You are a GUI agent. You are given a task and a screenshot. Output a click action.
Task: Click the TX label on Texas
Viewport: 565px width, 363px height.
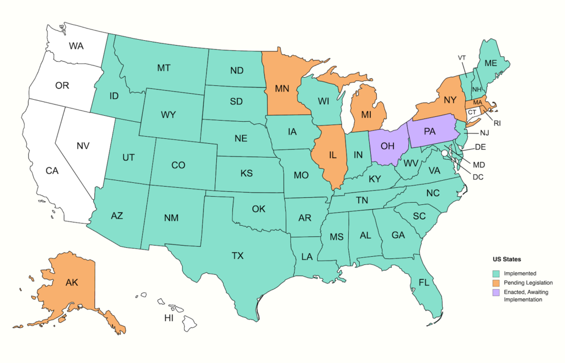click(237, 256)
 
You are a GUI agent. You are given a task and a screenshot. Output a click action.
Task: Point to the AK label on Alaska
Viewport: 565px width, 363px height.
click(72, 283)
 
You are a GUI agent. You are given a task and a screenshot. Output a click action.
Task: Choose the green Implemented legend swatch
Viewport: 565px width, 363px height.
click(496, 273)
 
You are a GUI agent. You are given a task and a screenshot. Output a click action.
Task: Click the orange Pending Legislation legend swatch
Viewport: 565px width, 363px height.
click(496, 283)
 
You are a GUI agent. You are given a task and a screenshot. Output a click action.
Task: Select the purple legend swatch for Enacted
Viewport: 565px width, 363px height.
click(496, 292)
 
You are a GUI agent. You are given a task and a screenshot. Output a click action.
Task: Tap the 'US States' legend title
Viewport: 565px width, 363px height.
click(507, 259)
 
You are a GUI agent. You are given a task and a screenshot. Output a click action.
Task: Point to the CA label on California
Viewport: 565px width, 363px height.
click(52, 171)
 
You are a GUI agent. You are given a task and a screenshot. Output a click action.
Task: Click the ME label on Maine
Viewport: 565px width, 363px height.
click(491, 63)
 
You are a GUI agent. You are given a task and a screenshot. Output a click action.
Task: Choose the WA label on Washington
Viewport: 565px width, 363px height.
click(76, 46)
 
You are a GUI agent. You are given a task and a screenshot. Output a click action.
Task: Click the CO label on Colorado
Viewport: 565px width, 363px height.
click(178, 165)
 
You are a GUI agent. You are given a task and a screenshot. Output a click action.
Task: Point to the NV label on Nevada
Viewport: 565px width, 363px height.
click(83, 146)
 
